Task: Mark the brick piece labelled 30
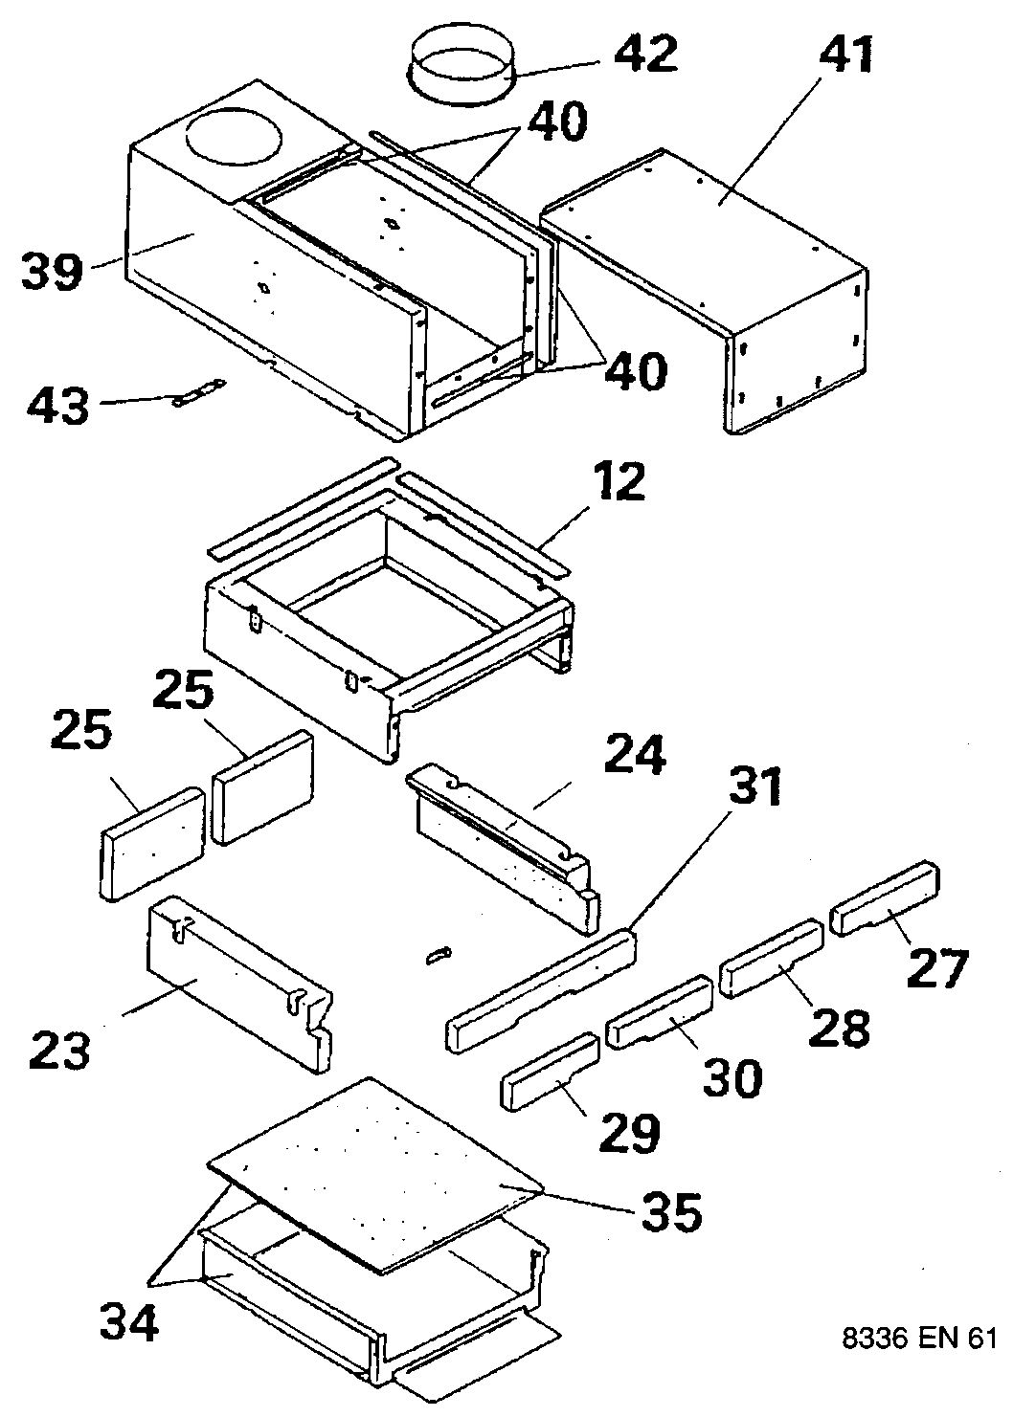[661, 1012]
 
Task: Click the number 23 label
[59, 1050]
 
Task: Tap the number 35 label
[669, 1211]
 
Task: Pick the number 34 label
[129, 1324]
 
